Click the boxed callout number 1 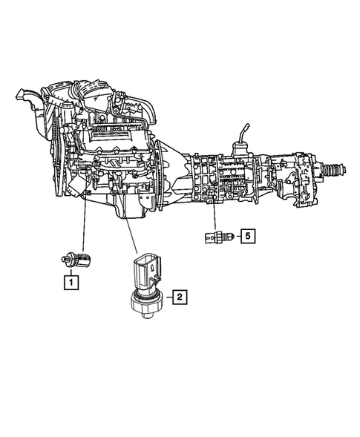coord(71,281)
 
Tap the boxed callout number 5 coord(248,237)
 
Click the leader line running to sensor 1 coord(82,226)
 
